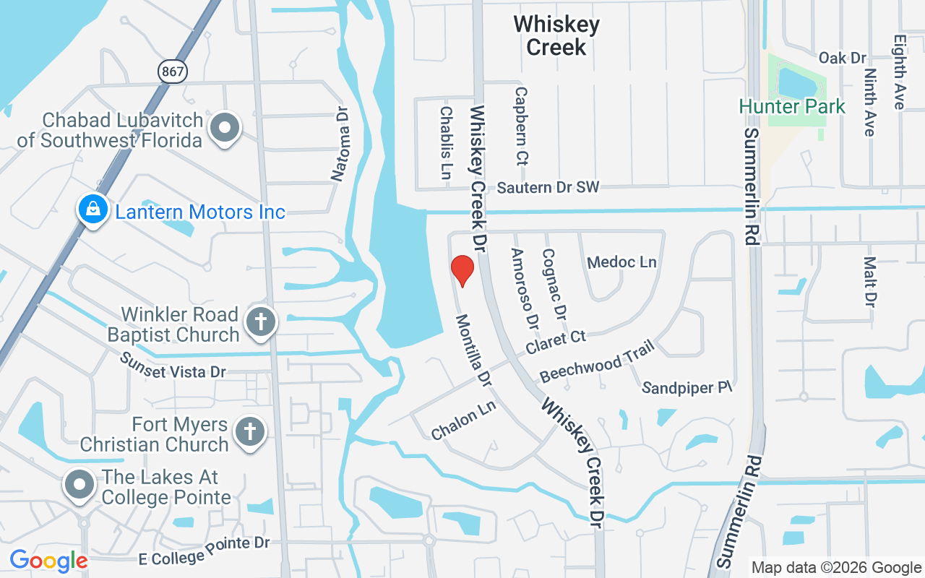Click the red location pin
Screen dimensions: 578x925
click(x=462, y=270)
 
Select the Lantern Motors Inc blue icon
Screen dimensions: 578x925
click(x=92, y=210)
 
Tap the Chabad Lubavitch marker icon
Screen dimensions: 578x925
click(x=225, y=128)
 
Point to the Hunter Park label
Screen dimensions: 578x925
click(x=791, y=107)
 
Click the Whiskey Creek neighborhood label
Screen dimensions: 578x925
click(x=556, y=35)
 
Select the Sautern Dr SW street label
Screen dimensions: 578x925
click(x=548, y=188)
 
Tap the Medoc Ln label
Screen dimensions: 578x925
click(x=621, y=262)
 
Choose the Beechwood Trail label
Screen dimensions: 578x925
click(x=597, y=361)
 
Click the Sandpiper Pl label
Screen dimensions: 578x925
click(x=687, y=388)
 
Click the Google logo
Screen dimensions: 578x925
click(x=48, y=561)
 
